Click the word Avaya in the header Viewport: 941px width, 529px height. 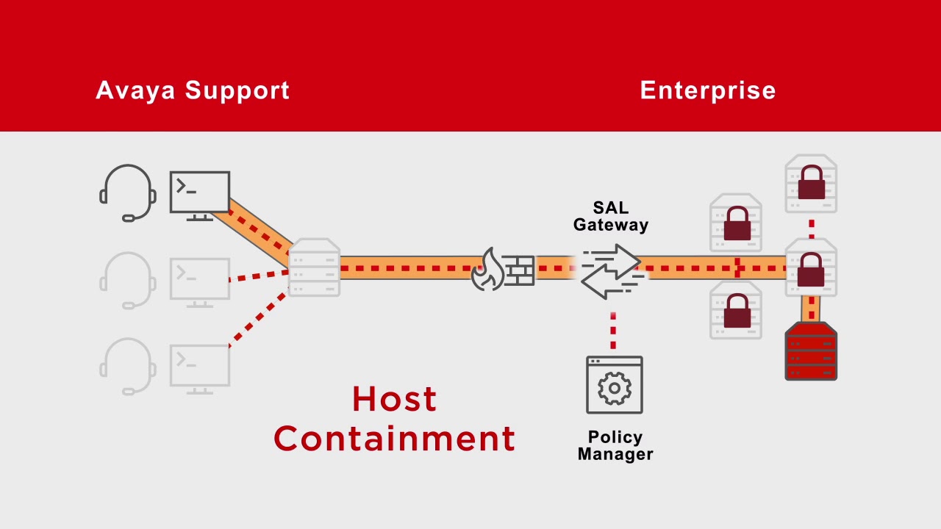[x=136, y=90]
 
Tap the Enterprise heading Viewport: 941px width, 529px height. [x=707, y=90]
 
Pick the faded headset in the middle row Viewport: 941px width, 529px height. [x=128, y=280]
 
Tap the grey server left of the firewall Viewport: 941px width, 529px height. [x=315, y=267]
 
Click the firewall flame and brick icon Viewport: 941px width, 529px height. [x=504, y=269]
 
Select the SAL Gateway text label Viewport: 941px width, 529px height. [x=610, y=217]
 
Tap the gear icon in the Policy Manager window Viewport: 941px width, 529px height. [x=615, y=389]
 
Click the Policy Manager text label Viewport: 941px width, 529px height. [x=615, y=446]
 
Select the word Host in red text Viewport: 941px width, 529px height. [x=394, y=400]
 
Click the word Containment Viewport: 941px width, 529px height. [x=394, y=439]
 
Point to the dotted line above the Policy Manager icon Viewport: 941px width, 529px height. [x=613, y=331]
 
